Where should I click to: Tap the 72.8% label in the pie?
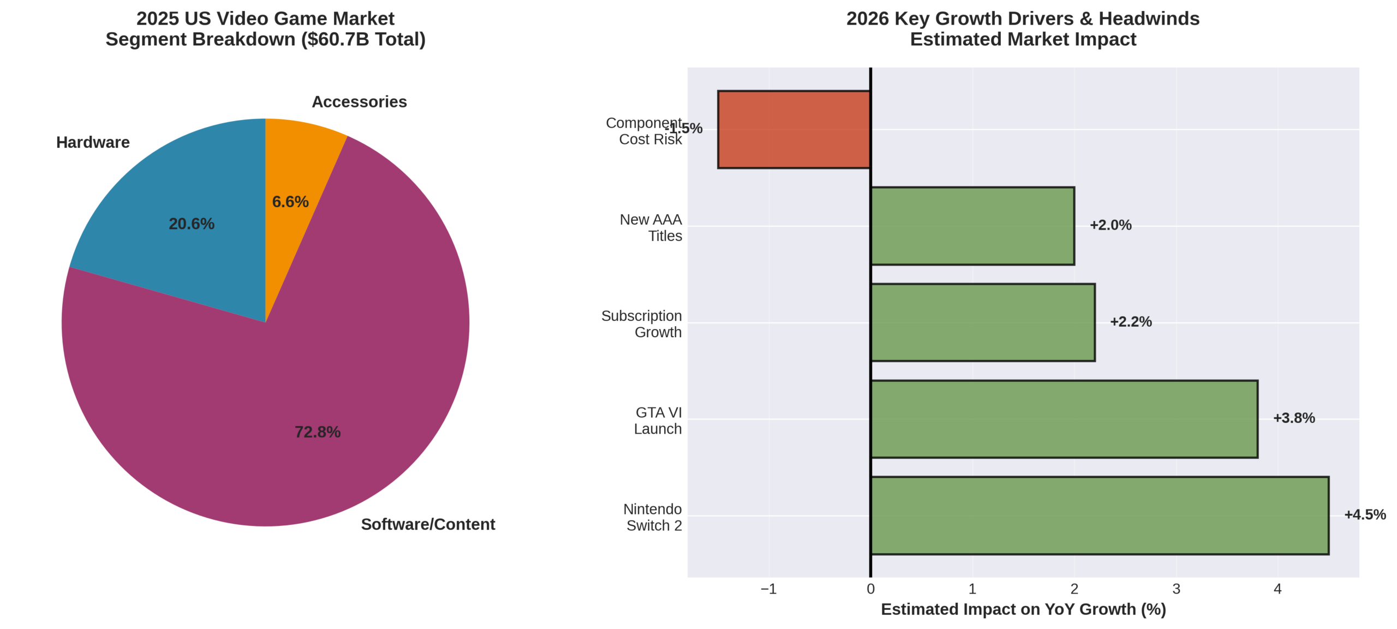317,432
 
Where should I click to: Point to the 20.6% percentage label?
191,224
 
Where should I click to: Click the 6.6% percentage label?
290,202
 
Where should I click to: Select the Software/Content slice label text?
428,524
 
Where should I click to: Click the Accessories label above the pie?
359,102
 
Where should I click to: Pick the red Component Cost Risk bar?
793,129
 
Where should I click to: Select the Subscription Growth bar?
982,322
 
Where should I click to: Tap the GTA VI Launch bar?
1064,419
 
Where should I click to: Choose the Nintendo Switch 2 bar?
1100,516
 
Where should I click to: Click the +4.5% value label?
1364,514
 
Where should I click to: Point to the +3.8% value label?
1293,418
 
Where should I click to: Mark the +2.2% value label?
1130,322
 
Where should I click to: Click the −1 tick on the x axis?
768,589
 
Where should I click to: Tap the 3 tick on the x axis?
1176,589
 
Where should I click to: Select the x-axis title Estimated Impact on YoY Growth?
1023,609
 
